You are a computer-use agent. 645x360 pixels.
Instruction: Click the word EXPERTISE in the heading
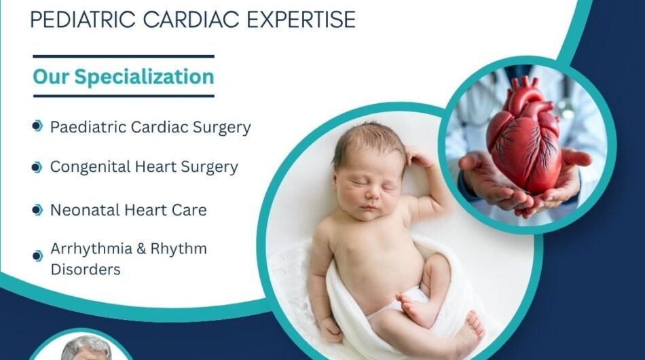coord(301,19)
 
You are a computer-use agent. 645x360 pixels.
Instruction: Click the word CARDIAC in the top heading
coord(191,19)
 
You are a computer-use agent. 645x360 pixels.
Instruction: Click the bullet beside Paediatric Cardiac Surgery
coord(37,126)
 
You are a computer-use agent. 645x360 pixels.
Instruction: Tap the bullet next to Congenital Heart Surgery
coord(37,168)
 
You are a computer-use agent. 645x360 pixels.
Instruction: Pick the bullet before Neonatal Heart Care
coord(37,210)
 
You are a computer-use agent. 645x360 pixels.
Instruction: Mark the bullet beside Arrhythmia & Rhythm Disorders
coord(37,256)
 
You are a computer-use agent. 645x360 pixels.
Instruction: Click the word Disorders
coord(86,270)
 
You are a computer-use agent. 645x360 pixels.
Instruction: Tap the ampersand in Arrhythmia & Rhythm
coord(141,249)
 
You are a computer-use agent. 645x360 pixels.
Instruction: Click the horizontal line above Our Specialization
coord(124,56)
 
